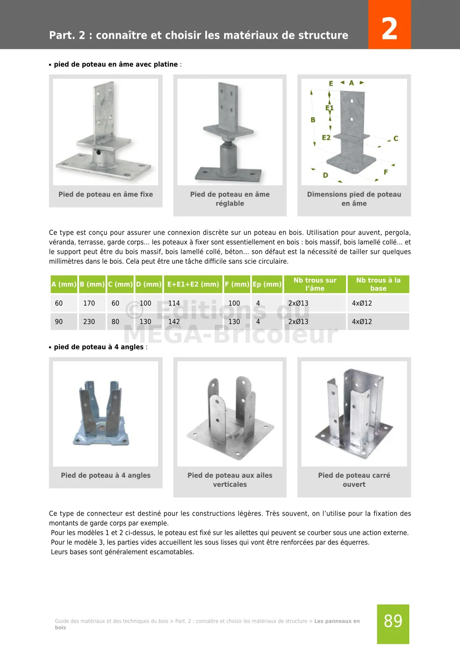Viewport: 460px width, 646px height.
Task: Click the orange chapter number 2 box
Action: coord(389,25)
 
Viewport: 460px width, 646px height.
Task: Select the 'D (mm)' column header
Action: coord(149,284)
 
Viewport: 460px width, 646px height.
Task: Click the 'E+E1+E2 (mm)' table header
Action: coord(193,284)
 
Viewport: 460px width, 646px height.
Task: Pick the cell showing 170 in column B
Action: coord(89,303)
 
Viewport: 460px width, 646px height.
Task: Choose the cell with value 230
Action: coord(89,322)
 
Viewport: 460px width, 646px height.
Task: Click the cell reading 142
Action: coord(174,322)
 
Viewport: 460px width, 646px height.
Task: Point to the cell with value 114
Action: coord(174,303)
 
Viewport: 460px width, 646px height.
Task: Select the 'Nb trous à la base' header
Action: coord(378,284)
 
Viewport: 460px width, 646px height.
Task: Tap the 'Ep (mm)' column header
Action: coord(267,284)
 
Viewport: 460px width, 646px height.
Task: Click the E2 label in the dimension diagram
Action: coord(326,138)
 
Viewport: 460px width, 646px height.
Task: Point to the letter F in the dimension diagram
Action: coord(385,172)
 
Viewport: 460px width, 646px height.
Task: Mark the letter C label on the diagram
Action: coord(396,139)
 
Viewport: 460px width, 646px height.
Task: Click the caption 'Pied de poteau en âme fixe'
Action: coord(106,194)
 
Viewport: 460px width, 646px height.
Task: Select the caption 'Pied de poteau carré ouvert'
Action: coord(354,480)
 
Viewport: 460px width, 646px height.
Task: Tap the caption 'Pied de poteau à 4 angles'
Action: coord(106,476)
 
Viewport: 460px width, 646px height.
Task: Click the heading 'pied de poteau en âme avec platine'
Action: coord(116,64)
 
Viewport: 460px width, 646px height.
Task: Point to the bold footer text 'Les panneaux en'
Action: coord(337,621)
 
